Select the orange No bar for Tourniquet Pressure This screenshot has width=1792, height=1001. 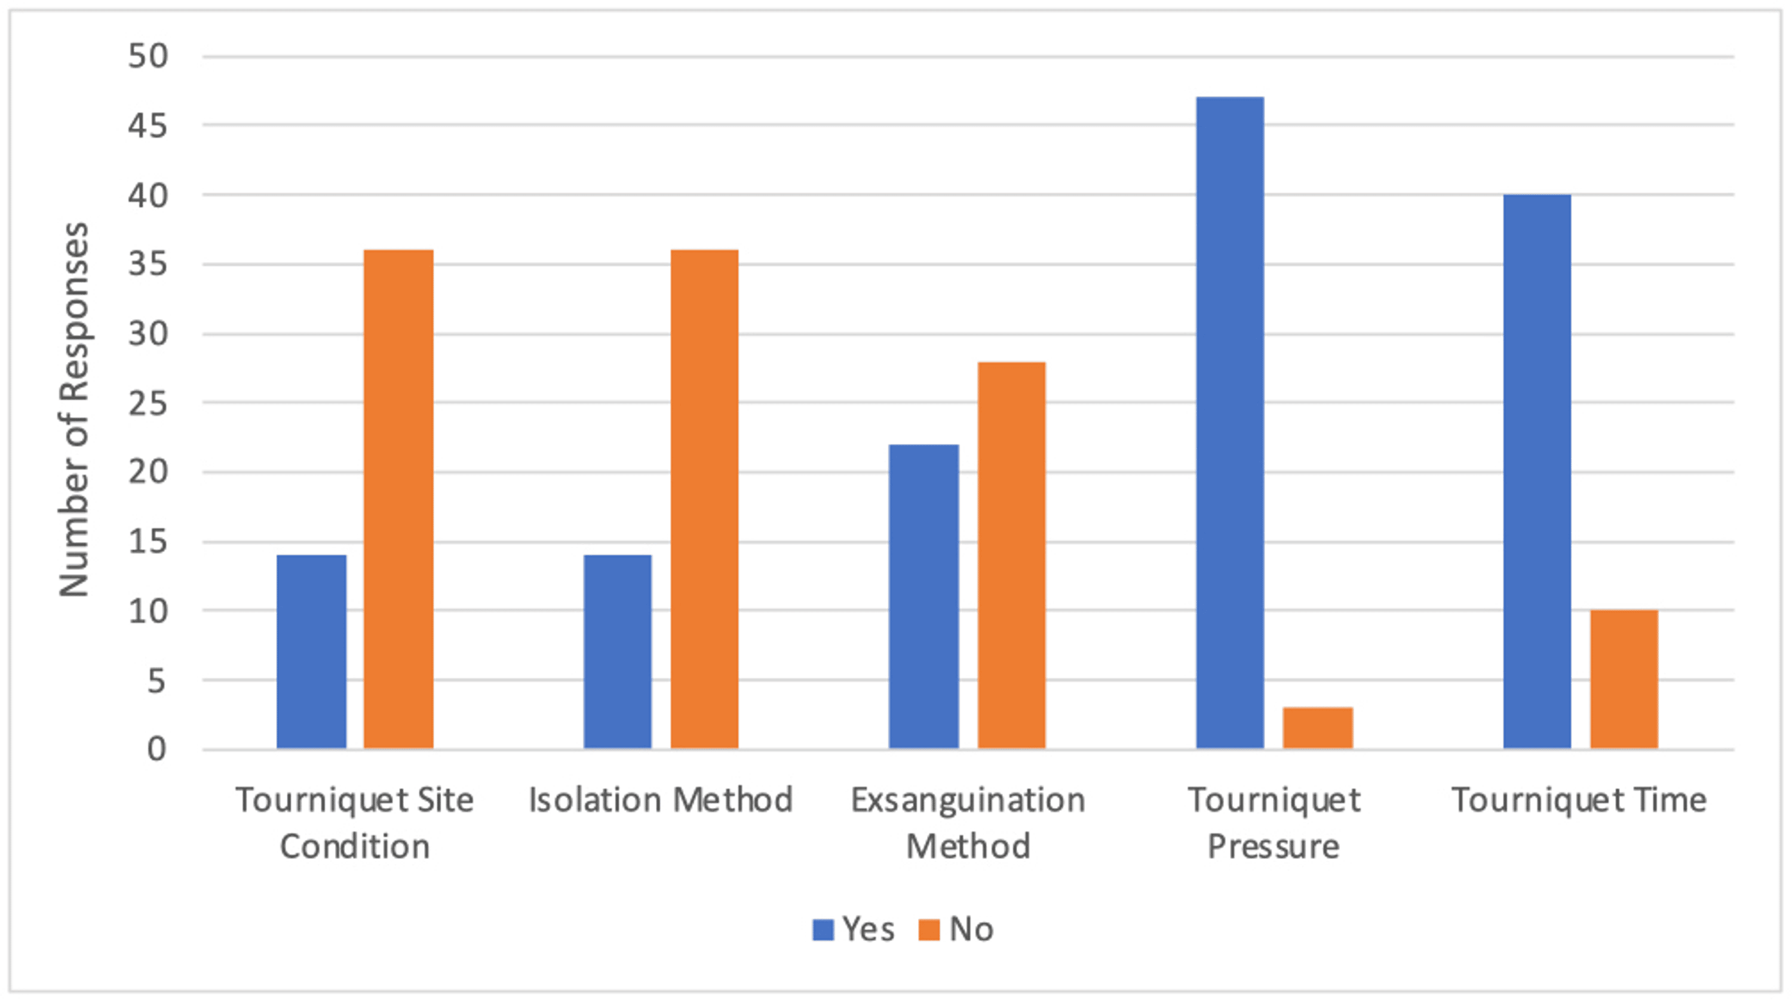pyautogui.click(x=1318, y=728)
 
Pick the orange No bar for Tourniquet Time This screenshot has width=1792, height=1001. pyautogui.click(x=1624, y=679)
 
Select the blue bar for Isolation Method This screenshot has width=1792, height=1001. pyautogui.click(x=617, y=651)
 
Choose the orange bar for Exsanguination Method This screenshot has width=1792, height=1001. pyautogui.click(x=1011, y=555)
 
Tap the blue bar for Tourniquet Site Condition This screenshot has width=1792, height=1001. pyautogui.click(x=311, y=651)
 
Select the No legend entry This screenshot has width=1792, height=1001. pyautogui.click(x=956, y=929)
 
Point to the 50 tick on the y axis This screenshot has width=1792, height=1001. pyautogui.click(x=148, y=56)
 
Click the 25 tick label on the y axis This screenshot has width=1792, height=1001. pyautogui.click(x=148, y=403)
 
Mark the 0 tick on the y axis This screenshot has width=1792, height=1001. pyautogui.click(x=157, y=750)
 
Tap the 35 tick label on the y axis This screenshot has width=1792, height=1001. pyautogui.click(x=148, y=265)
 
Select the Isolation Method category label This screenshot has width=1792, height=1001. pyautogui.click(x=660, y=800)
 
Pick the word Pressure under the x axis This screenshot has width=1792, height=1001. pyautogui.click(x=1273, y=846)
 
